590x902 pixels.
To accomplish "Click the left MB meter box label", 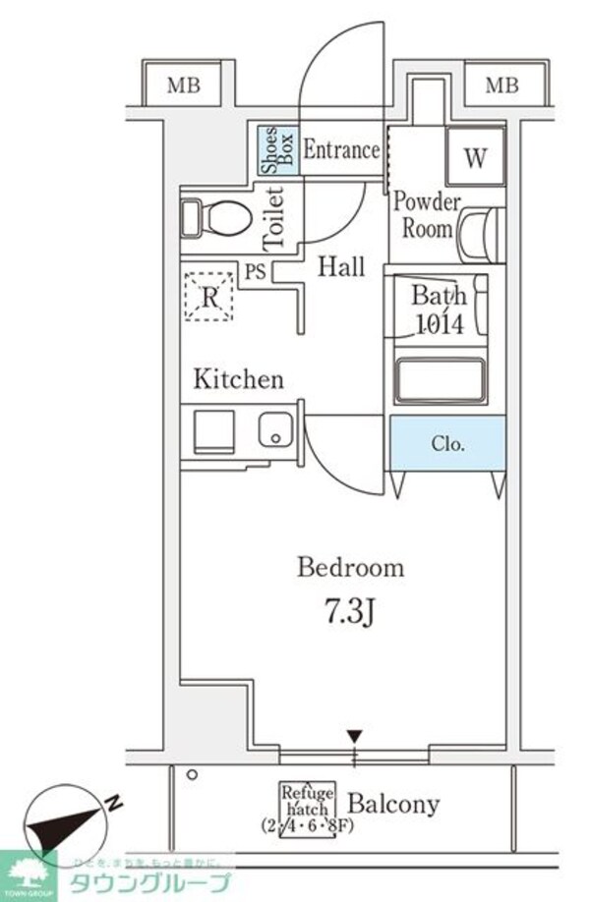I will tap(182, 85).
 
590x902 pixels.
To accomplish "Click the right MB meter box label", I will tap(501, 85).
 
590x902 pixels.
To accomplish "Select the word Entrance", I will tap(340, 150).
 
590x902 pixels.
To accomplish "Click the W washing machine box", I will tap(475, 158).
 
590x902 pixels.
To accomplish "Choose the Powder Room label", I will tap(426, 216).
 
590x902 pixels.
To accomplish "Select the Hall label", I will tap(341, 266).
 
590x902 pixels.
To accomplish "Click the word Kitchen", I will tap(238, 379).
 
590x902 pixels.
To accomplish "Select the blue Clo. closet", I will tap(447, 443).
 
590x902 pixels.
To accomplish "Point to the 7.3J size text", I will tap(350, 614).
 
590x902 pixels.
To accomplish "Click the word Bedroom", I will tap(350, 567).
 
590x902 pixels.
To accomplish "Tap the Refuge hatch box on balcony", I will tap(308, 807).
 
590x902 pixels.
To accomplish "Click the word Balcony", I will tap(393, 804).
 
